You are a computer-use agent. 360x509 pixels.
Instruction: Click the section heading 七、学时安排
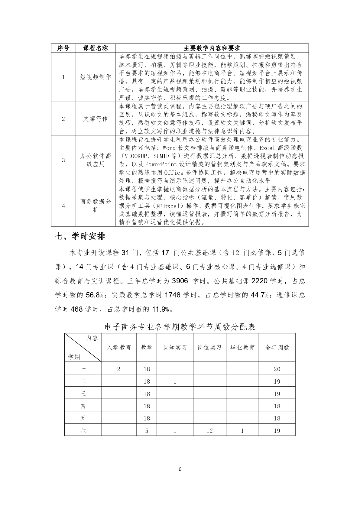(80, 236)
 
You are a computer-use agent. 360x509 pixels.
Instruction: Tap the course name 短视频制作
(96, 77)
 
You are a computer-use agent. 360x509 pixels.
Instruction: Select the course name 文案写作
(96, 119)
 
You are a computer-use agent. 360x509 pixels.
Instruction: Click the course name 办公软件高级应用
(96, 160)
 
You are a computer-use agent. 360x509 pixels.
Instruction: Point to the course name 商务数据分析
(96, 206)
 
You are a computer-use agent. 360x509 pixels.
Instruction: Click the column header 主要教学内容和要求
(212, 48)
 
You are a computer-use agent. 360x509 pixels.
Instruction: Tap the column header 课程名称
(96, 48)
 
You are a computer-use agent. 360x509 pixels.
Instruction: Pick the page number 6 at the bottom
(180, 469)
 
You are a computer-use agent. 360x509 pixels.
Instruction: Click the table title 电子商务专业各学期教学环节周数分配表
(180, 327)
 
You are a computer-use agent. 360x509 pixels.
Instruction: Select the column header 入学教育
(119, 348)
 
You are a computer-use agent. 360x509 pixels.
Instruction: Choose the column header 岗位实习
(209, 348)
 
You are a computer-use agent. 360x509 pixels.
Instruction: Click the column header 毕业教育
(242, 348)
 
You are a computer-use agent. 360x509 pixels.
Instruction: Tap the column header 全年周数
(277, 348)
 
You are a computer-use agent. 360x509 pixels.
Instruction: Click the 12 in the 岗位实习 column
(209, 431)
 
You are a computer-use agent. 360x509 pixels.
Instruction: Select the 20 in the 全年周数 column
(277, 369)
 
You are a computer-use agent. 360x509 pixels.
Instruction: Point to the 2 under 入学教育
(119, 369)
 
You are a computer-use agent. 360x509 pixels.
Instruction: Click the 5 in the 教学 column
(147, 431)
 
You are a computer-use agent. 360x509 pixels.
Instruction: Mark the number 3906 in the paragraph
(180, 281)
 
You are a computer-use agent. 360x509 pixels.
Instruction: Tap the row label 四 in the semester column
(83, 406)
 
